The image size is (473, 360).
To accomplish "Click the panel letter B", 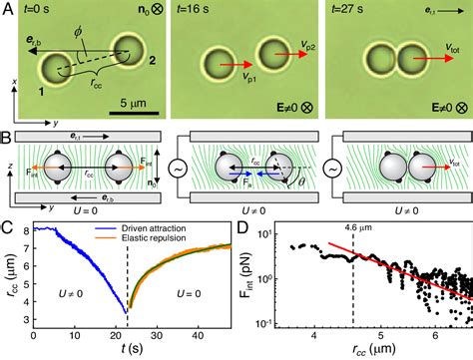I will coord(8,132).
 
